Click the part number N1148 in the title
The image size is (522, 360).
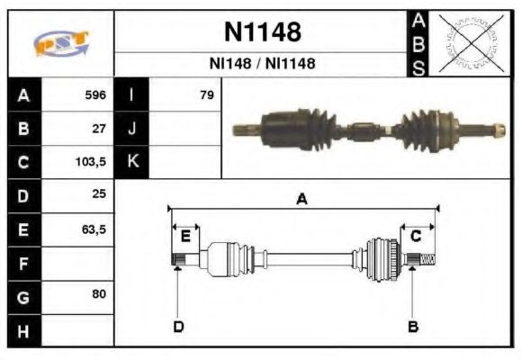262,33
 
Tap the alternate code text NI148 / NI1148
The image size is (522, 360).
262,65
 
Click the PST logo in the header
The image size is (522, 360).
61,43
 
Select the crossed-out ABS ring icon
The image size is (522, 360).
468,43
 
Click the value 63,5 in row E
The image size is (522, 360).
94,229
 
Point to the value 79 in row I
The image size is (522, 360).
206,94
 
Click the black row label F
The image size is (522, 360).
24,264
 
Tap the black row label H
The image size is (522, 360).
24,331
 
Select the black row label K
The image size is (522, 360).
131,163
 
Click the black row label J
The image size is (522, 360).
131,129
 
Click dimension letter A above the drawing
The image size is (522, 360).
302,200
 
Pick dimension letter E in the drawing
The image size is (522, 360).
185,236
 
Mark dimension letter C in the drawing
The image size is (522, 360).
417,236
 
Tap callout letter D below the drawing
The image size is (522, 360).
177,326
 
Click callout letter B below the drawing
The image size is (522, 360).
413,326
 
